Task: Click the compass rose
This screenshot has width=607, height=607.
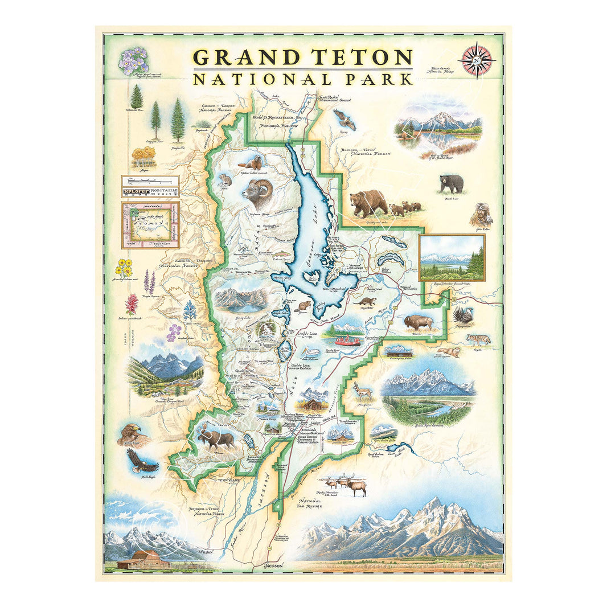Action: point(477,60)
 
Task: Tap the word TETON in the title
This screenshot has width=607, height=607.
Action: point(361,58)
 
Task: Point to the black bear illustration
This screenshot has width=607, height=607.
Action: point(451,183)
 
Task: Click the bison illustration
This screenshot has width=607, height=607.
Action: point(419,322)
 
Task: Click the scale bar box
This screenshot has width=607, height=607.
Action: point(150,186)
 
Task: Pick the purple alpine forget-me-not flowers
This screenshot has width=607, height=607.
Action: point(133,60)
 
